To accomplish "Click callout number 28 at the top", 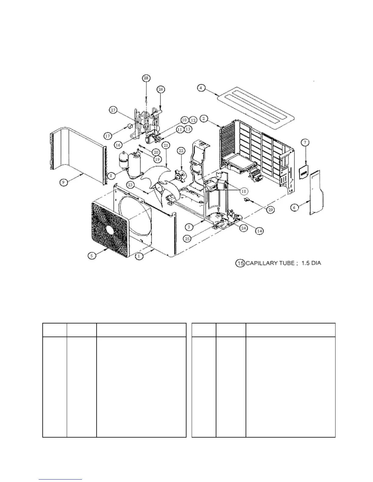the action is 146,78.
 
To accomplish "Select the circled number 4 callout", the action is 201,88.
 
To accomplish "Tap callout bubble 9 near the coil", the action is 63,182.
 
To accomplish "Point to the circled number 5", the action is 92,256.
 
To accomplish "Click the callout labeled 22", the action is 181,151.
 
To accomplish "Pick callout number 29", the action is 271,210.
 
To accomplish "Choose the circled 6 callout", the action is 294,208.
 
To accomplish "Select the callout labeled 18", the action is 243,191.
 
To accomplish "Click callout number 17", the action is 108,136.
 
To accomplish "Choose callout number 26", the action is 161,89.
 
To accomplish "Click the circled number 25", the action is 187,239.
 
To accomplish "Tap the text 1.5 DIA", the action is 311,263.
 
